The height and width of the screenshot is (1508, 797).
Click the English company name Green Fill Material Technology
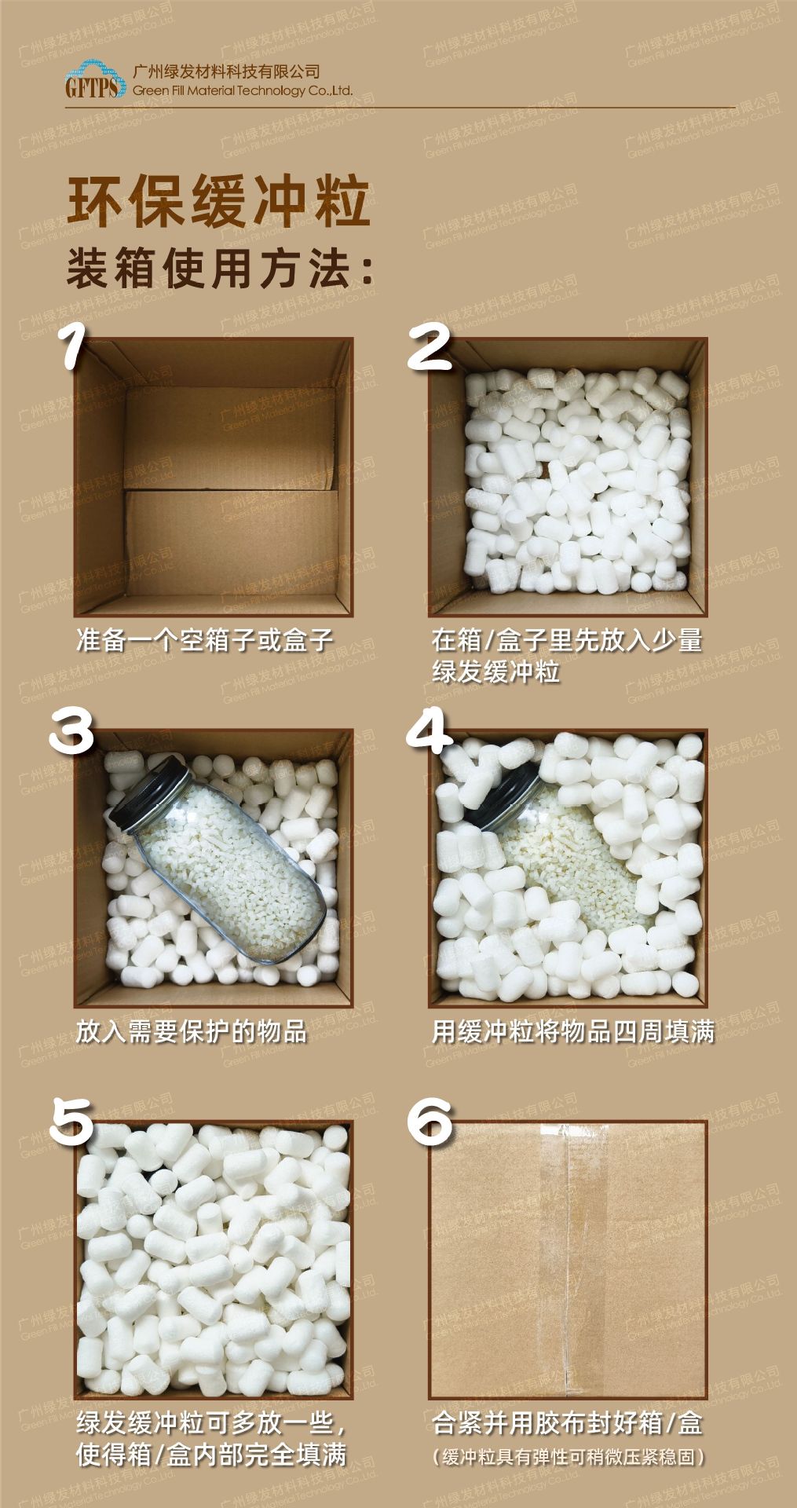[x=232, y=91]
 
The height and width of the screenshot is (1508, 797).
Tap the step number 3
[x=71, y=732]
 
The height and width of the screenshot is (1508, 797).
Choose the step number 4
[x=429, y=732]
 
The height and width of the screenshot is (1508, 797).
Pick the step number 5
[x=71, y=1121]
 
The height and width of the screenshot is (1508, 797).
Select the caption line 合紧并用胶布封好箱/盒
[x=567, y=1422]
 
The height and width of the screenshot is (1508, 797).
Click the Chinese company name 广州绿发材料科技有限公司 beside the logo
[x=227, y=71]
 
